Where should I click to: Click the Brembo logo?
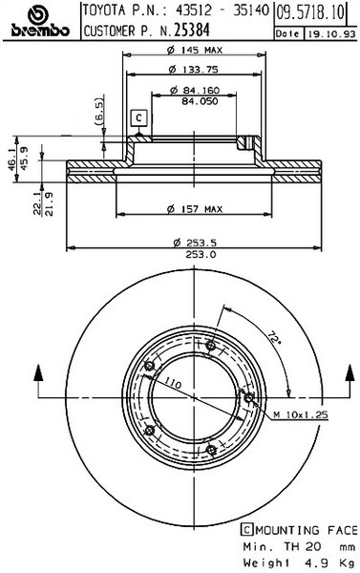[x=40, y=21]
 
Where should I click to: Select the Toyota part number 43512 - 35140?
[x=222, y=10]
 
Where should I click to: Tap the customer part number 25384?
[x=192, y=31]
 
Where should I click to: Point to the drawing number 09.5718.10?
[x=310, y=13]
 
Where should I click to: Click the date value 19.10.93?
[x=331, y=34]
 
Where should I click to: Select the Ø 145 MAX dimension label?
[x=195, y=50]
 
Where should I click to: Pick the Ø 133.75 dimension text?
[x=193, y=69]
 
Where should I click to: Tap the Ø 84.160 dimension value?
[x=195, y=90]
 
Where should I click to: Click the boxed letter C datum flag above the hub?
[x=138, y=118]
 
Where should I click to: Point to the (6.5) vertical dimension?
[x=99, y=111]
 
